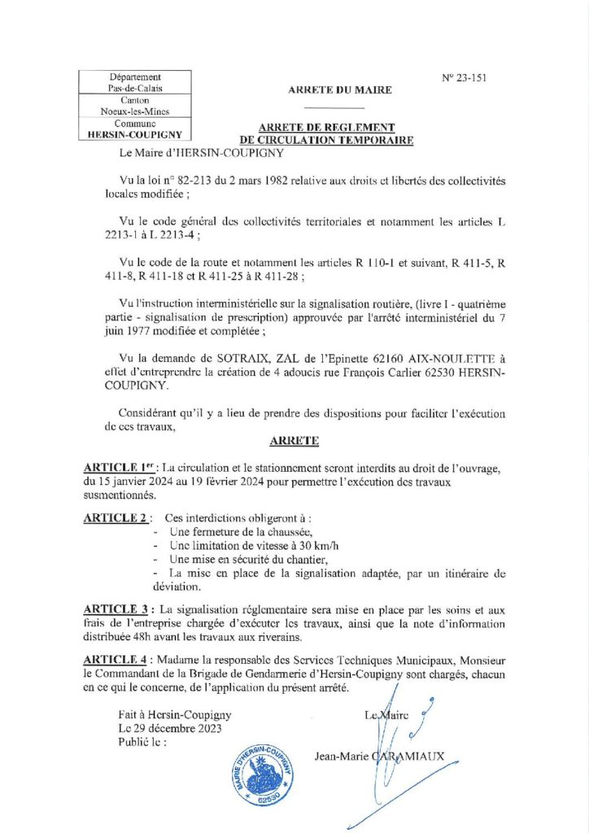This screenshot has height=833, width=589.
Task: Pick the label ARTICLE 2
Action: (116, 517)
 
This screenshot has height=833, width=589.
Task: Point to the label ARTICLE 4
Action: (116, 660)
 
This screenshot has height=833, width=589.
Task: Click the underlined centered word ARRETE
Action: (294, 442)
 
